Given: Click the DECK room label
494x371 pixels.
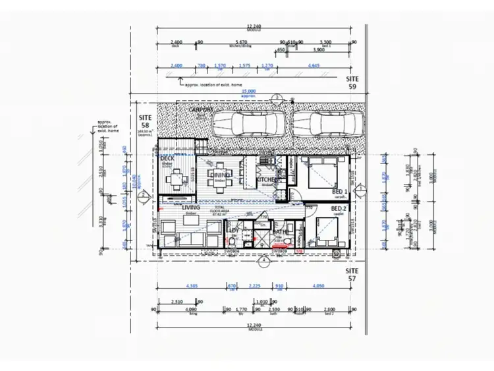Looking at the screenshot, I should click(x=167, y=158).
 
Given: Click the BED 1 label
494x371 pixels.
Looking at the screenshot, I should click(x=340, y=190).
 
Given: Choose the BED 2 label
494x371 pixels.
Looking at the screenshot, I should click(x=340, y=208).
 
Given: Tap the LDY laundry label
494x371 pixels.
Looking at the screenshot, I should click(x=233, y=229).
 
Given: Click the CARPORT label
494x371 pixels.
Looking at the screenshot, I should click(x=200, y=109).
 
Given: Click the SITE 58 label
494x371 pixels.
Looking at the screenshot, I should click(x=146, y=121).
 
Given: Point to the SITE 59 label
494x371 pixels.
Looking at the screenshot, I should click(x=353, y=82).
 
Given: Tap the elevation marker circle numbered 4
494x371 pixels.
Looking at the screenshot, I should click(x=263, y=260).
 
